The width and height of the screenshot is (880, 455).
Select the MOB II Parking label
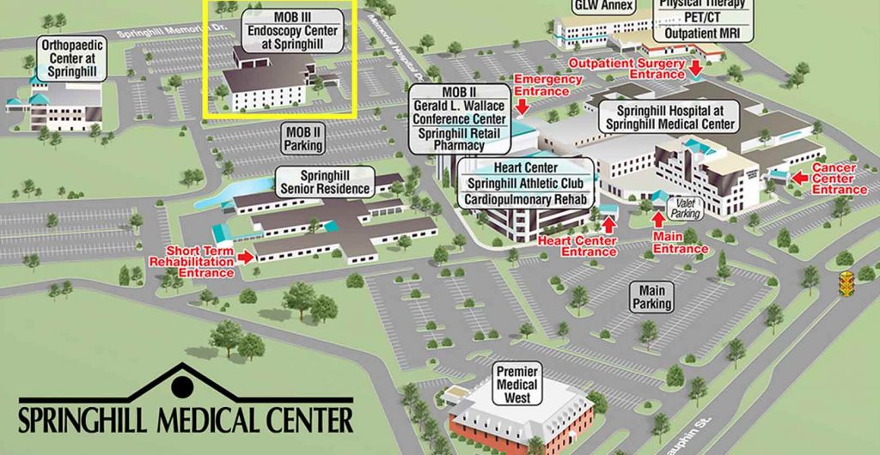[302, 138]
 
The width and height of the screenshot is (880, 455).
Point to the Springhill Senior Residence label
[323, 182]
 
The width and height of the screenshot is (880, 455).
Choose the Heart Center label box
[526, 167]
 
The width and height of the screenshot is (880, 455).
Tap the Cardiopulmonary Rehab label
[526, 199]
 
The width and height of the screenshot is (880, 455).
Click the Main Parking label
[651, 297]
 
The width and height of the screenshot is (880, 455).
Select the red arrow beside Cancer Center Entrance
[798, 179]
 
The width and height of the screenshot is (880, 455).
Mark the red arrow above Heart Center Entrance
[609, 224]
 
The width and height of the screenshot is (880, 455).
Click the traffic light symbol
[847, 283]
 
